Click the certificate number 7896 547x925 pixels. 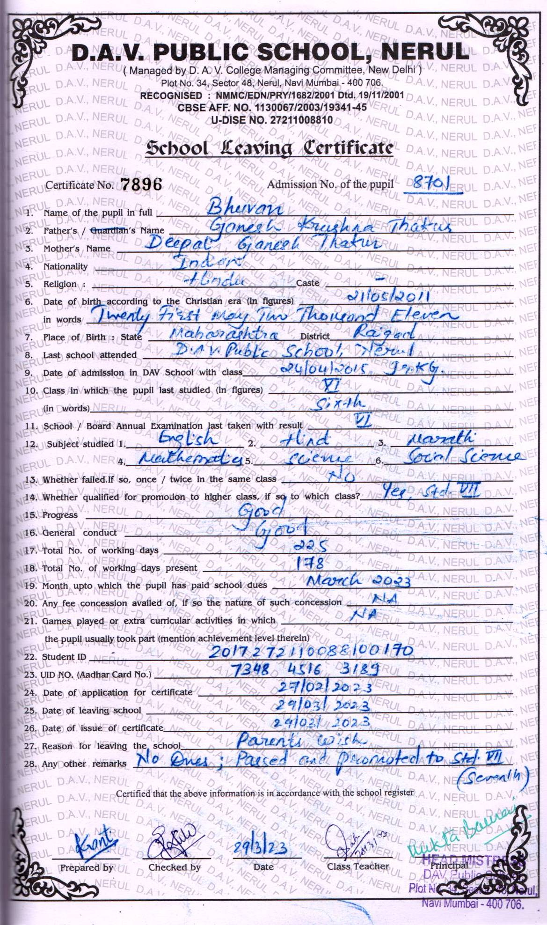coord(141,184)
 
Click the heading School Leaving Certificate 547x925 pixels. coord(269,148)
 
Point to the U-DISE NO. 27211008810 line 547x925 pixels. coord(272,120)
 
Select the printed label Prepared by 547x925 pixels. coord(87,867)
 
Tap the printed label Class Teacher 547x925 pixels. coord(358,866)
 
